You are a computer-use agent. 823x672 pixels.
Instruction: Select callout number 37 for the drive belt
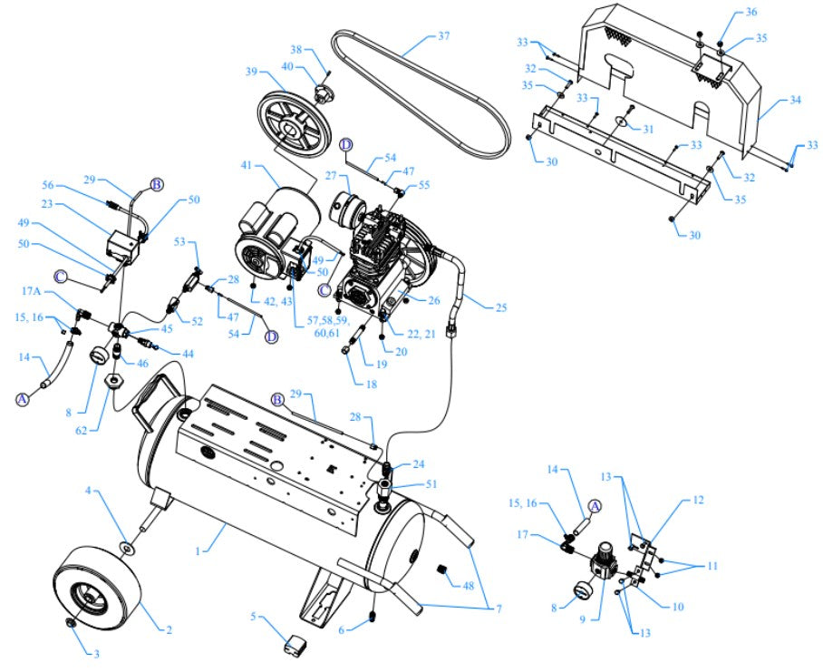443,37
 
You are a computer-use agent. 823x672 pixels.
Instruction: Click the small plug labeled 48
444,570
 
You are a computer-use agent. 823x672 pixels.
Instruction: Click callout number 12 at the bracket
699,500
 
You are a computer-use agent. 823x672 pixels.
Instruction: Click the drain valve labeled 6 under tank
373,619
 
